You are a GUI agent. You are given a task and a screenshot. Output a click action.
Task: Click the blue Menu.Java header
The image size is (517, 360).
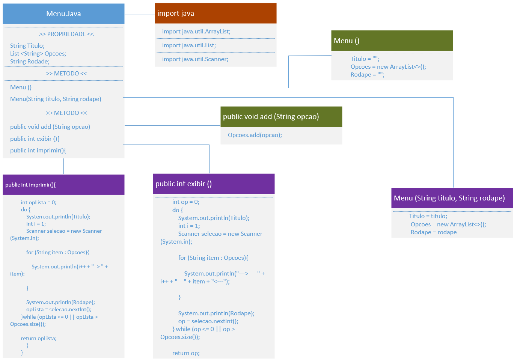pyautogui.click(x=63, y=14)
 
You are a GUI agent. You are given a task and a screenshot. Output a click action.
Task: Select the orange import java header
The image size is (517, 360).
pyautogui.click(x=216, y=14)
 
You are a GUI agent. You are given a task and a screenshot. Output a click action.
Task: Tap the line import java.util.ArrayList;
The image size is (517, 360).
pyautogui.click(x=196, y=32)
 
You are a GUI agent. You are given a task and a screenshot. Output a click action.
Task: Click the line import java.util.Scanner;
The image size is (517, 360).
pyautogui.click(x=195, y=59)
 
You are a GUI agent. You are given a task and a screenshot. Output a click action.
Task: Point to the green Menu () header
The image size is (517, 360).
pyautogui.click(x=392, y=41)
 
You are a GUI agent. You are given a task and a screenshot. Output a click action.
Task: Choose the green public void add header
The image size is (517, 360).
pyautogui.click(x=281, y=117)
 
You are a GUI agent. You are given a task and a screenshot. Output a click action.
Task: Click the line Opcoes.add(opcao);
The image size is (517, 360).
pyautogui.click(x=255, y=135)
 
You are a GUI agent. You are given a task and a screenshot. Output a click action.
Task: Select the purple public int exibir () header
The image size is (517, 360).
pyautogui.click(x=214, y=184)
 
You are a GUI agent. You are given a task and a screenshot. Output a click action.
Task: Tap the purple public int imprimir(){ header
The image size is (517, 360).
pyautogui.click(x=63, y=185)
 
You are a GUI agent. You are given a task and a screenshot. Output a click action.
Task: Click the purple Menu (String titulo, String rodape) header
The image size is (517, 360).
pyautogui.click(x=452, y=198)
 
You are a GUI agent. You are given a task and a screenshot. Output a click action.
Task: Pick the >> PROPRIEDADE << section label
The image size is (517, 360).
pyautogui.click(x=66, y=34)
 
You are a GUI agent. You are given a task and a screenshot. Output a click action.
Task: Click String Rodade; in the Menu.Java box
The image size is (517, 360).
pyautogui.click(x=30, y=62)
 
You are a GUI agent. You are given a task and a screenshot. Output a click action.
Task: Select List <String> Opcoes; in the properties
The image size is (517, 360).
pyautogui.click(x=38, y=54)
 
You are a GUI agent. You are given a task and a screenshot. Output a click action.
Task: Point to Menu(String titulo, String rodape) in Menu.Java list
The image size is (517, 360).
pyautogui.click(x=56, y=99)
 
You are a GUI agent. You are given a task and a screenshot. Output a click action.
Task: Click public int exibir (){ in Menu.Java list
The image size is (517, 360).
pyautogui.click(x=35, y=139)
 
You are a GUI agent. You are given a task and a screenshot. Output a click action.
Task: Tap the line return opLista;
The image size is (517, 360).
pyautogui.click(x=39, y=339)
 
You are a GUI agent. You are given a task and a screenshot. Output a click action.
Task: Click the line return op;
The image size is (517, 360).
pyautogui.click(x=186, y=353)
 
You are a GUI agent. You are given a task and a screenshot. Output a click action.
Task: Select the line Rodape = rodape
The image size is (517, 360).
pyautogui.click(x=434, y=232)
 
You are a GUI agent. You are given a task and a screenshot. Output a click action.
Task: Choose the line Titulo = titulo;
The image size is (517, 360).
pyautogui.click(x=428, y=216)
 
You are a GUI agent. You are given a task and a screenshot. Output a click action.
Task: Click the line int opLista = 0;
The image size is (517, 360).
pyautogui.click(x=38, y=203)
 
